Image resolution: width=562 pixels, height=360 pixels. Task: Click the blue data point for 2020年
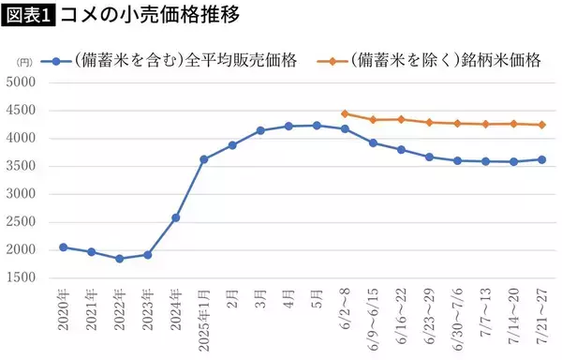tap(63, 247)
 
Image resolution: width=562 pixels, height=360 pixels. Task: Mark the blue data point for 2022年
tap(119, 259)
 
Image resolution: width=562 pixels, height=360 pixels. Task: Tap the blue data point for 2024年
tap(175, 217)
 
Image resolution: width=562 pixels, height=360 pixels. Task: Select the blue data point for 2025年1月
tap(204, 159)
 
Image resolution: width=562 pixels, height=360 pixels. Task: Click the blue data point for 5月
tap(317, 126)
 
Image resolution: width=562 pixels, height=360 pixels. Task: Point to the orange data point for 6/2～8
tap(345, 113)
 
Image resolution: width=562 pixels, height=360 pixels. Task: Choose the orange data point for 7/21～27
tap(541, 125)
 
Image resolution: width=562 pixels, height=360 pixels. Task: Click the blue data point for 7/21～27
tap(541, 159)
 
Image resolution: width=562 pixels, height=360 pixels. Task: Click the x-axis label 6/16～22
tap(401, 313)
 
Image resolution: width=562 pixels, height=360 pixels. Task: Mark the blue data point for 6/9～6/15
tap(373, 142)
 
